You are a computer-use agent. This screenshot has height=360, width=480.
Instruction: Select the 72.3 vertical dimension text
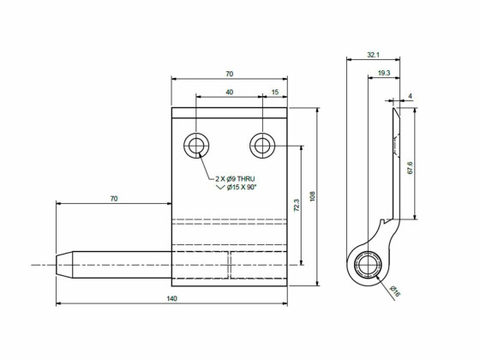coord(297,206)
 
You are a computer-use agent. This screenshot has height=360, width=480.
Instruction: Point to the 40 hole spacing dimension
coord(228,92)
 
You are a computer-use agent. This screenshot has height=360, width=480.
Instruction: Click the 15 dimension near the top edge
coord(273,92)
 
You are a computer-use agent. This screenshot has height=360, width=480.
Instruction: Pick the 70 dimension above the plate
coord(228,75)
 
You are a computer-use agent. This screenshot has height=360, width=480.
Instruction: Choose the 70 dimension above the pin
coord(113,199)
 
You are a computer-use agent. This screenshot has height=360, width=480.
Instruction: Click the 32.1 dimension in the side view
coord(373,54)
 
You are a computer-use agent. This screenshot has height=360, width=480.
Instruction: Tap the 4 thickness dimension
coord(411,95)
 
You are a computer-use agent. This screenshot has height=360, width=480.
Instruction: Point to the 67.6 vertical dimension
coord(411,166)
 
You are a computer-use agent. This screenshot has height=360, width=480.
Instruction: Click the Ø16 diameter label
coord(395,292)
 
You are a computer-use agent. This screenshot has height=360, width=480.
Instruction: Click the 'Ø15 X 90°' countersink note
coord(246,187)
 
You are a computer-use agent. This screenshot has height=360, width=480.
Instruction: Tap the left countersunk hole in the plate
coord(196,146)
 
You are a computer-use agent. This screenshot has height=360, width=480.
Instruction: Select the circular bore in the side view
coord(368,265)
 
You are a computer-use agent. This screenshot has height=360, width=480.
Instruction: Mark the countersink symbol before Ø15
coord(220,187)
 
